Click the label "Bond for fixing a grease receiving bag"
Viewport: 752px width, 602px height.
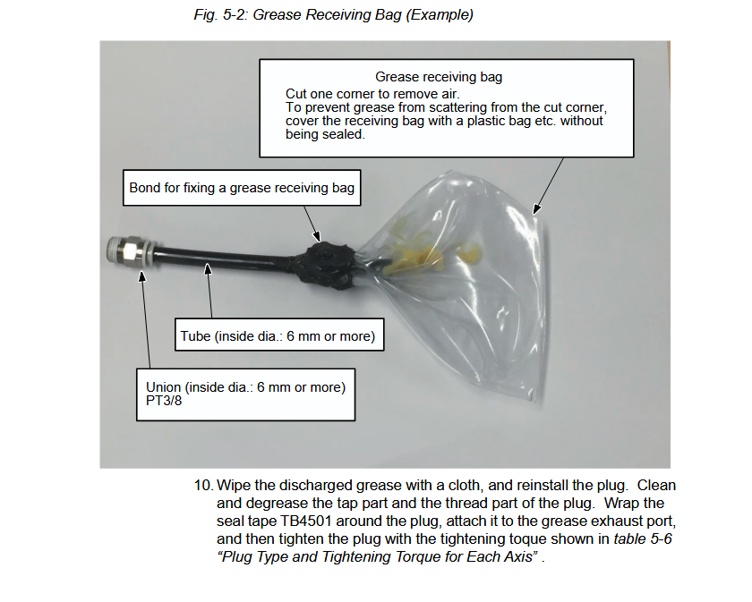tap(242, 188)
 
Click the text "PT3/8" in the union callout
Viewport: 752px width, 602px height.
tap(164, 402)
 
